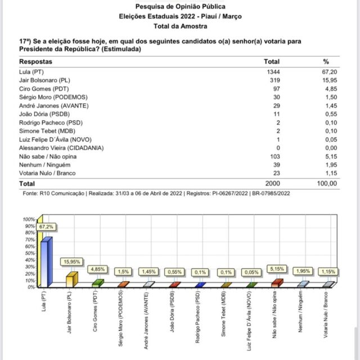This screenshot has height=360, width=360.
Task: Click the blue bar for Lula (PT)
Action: (x=46, y=263)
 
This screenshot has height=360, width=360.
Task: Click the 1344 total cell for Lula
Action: (x=272, y=73)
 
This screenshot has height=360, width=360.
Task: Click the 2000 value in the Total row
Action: (x=272, y=183)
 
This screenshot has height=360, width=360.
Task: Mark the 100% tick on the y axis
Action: (x=28, y=219)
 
